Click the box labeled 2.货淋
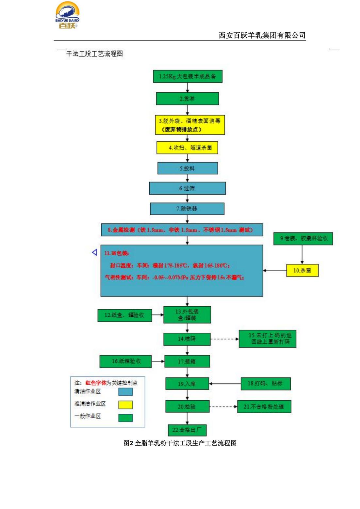coord(187,99)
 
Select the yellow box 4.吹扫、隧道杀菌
coord(187,148)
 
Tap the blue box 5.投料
coord(188,168)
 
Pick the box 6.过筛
coord(187,188)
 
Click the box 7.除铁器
coord(187,209)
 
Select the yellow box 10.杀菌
coord(302,270)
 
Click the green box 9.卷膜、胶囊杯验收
coord(303,238)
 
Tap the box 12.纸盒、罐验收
coord(124,315)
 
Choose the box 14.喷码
coord(187,339)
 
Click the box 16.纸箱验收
coord(125,361)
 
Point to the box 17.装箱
coord(187,361)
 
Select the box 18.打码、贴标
coord(265,384)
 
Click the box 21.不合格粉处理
coord(264,407)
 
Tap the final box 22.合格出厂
coord(187,430)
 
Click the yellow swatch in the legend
coord(125,405)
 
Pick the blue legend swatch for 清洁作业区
coord(125,391)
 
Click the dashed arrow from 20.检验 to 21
coord(223,407)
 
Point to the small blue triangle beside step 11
coord(95,252)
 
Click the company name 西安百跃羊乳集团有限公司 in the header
coord(262,35)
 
